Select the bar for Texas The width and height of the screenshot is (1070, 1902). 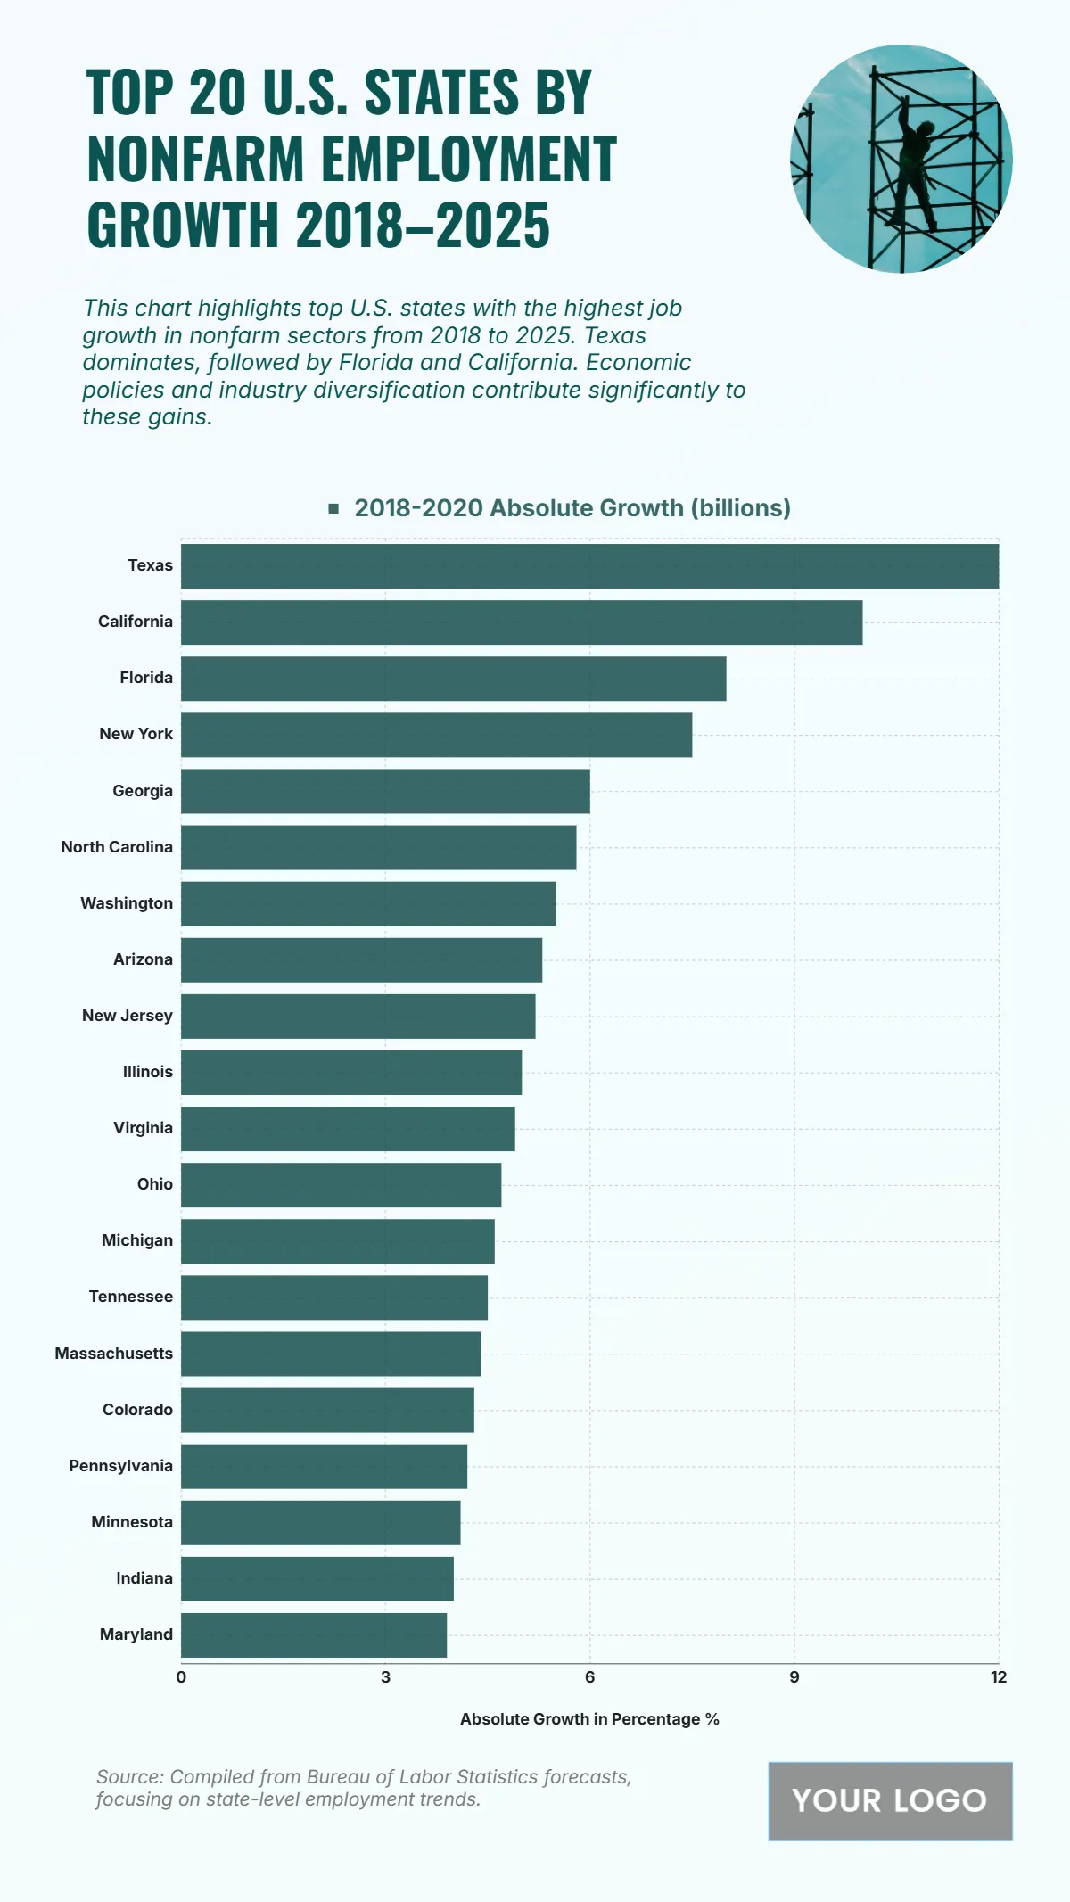[x=589, y=566]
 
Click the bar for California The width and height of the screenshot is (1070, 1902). [x=522, y=622]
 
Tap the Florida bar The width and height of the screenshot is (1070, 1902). [x=453, y=679]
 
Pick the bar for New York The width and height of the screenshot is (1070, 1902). [x=436, y=735]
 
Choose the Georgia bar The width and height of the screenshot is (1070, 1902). [x=385, y=791]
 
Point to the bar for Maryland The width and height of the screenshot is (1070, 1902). [x=314, y=1635]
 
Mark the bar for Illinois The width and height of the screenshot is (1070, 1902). [x=351, y=1073]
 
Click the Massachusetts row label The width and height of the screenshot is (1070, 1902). [x=113, y=1354]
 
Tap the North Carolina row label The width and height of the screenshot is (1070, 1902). [x=117, y=847]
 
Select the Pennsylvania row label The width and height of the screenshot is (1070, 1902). [x=120, y=1466]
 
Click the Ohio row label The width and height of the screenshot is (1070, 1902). [x=154, y=1184]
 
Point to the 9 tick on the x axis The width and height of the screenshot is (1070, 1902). [x=794, y=1677]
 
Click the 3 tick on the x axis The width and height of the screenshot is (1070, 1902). [x=385, y=1677]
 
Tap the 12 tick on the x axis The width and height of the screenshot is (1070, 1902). [x=999, y=1677]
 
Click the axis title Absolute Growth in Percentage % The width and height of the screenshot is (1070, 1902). [x=589, y=1719]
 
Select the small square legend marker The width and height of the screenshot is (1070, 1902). [x=333, y=508]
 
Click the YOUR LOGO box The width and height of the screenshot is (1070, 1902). [x=890, y=1801]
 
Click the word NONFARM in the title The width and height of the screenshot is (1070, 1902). [x=196, y=159]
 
